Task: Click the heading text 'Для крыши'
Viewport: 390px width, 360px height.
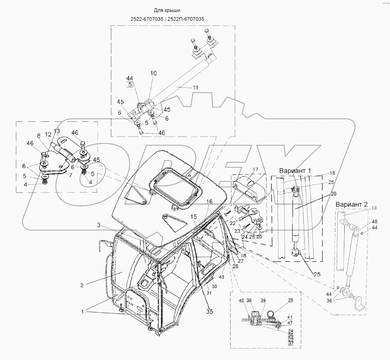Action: point(167,11)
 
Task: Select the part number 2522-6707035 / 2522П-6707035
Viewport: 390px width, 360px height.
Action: point(167,19)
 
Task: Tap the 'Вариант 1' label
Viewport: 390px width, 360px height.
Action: point(295,171)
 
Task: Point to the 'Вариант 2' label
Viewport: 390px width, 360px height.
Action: point(352,204)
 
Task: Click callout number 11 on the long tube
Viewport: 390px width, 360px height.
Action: point(195,87)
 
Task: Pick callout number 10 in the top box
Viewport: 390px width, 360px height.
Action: point(153,73)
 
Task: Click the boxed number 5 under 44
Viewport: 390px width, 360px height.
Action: point(130,85)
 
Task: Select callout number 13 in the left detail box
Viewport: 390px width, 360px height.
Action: point(57,131)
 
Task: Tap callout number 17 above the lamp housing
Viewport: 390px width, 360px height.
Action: point(256,170)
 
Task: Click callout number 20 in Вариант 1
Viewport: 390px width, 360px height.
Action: point(333,194)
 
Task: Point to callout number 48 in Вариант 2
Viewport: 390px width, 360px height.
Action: point(374,222)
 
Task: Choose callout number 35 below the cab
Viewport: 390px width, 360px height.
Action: point(209,311)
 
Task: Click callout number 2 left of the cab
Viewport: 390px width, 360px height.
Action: point(82,285)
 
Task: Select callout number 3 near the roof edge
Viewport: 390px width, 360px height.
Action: point(99,225)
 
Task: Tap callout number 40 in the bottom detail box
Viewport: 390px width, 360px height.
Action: point(241,300)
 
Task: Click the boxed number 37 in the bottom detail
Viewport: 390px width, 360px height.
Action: point(291,344)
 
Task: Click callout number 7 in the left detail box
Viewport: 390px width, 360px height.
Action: point(71,175)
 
